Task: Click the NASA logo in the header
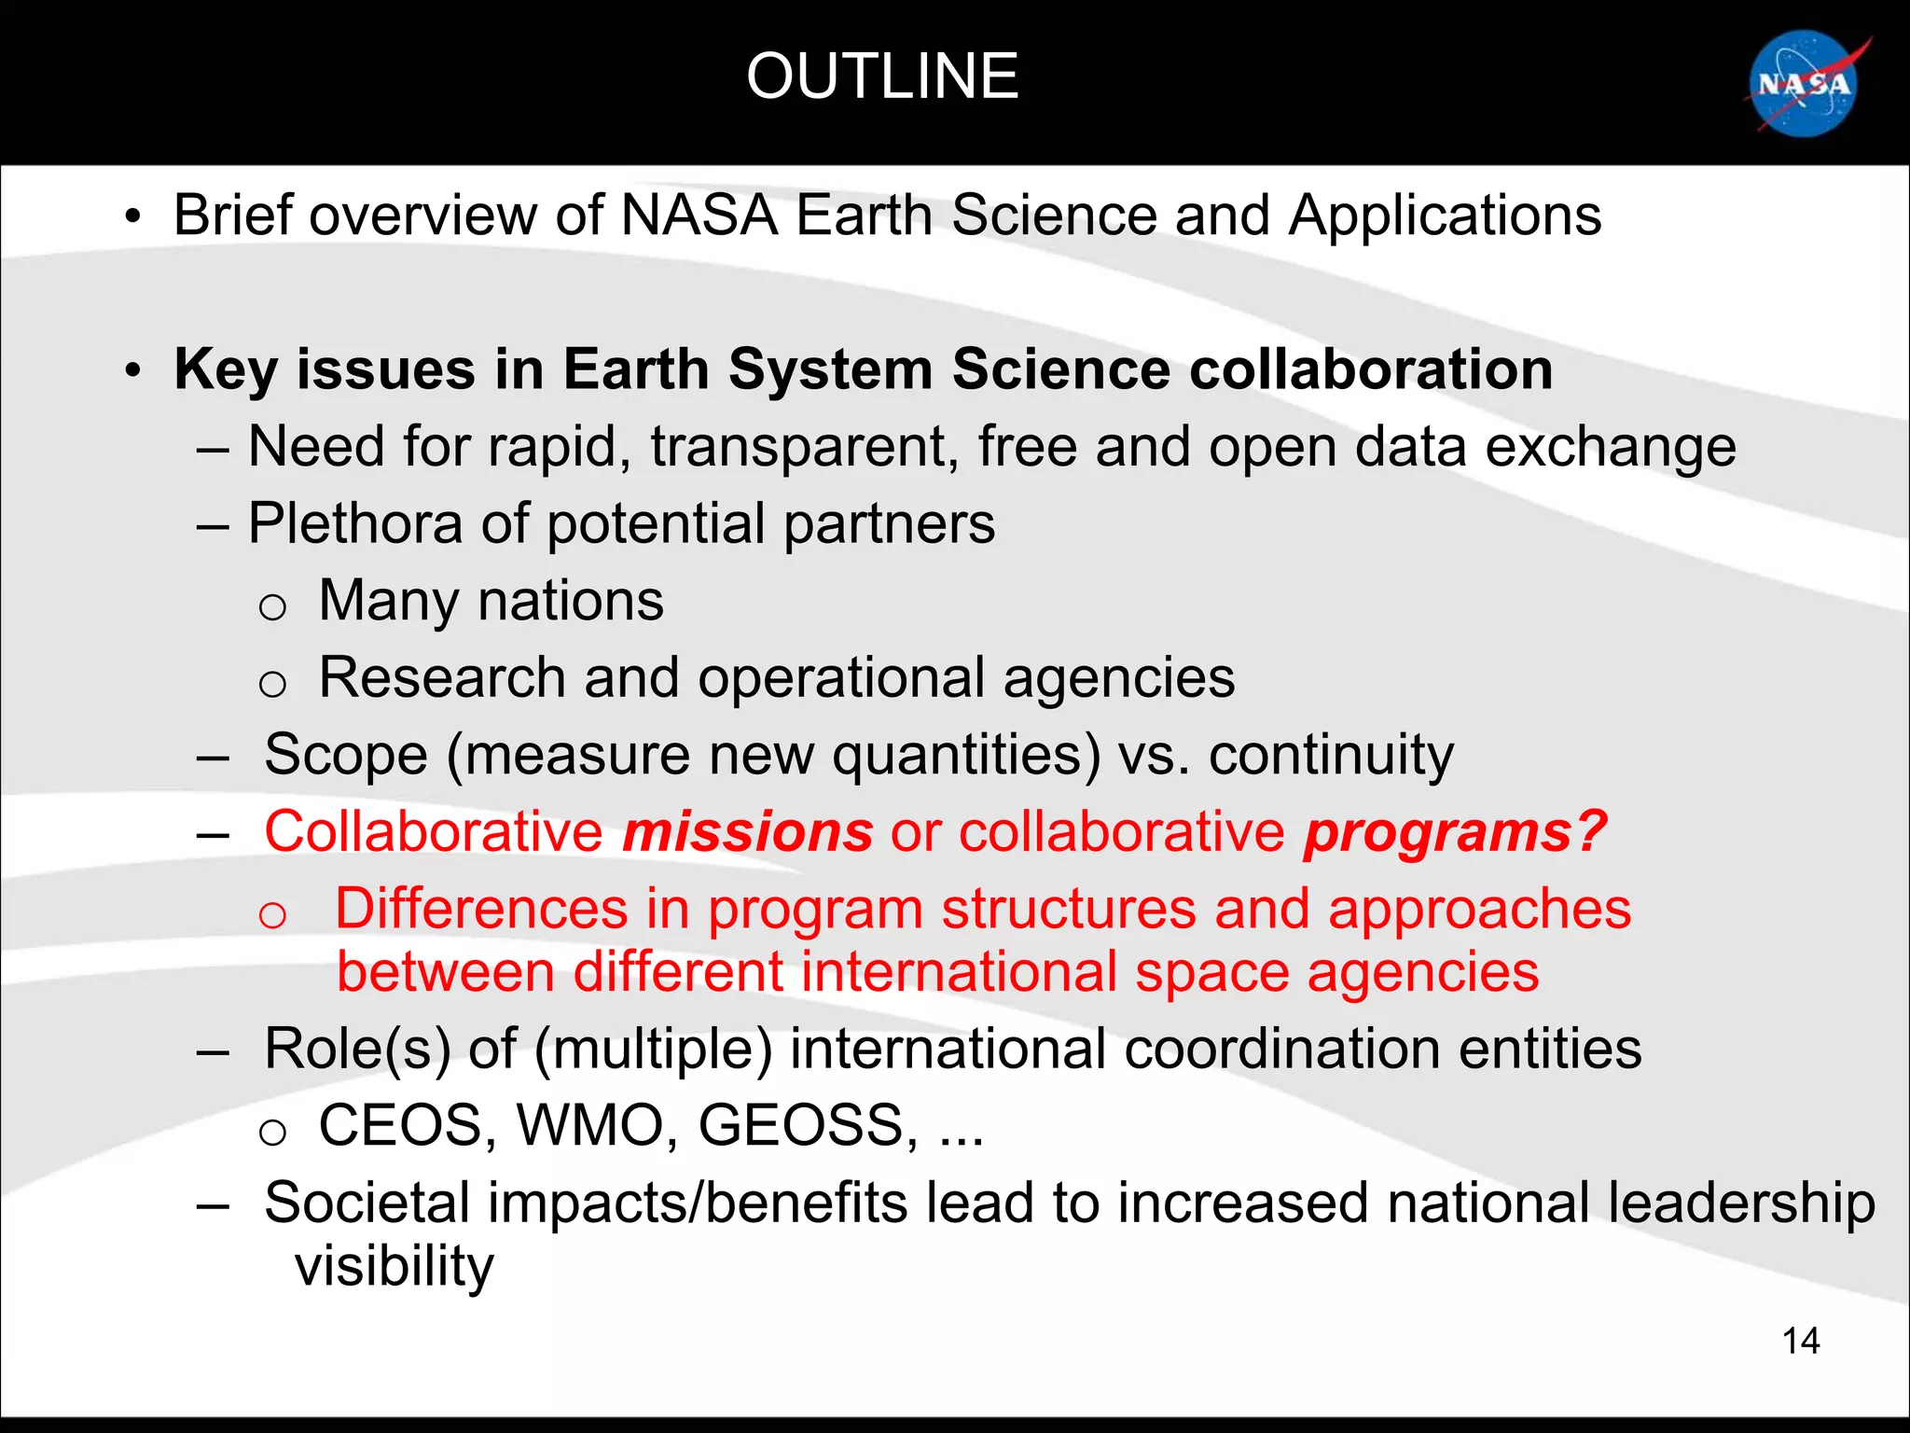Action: click(x=1806, y=85)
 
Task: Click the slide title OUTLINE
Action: click(x=882, y=77)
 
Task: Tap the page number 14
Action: click(x=1800, y=1341)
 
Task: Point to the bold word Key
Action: click(x=226, y=370)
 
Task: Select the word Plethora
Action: click(x=355, y=523)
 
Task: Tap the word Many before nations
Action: click(x=388, y=602)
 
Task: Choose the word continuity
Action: click(x=1331, y=755)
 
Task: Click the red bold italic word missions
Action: click(x=748, y=831)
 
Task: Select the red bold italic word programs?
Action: click(x=1456, y=833)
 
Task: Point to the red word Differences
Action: click(x=481, y=909)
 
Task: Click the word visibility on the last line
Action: click(x=394, y=1266)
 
